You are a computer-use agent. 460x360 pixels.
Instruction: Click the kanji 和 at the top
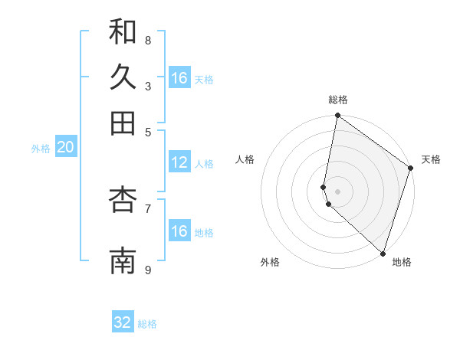click(x=123, y=32)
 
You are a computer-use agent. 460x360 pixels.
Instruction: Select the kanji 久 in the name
click(x=123, y=77)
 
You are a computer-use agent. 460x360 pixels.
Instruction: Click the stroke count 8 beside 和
click(x=148, y=40)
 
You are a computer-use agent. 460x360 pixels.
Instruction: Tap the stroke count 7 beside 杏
click(x=148, y=208)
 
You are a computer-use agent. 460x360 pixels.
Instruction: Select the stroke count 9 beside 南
click(x=148, y=270)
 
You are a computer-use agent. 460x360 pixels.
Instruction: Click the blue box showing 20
click(x=65, y=147)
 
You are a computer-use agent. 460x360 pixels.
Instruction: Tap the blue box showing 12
click(x=179, y=162)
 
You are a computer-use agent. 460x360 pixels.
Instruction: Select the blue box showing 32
click(x=123, y=322)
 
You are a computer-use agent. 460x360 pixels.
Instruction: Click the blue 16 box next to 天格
click(x=179, y=78)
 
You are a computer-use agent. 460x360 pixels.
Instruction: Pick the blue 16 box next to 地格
click(x=179, y=231)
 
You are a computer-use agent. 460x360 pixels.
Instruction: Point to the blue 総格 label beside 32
click(x=148, y=324)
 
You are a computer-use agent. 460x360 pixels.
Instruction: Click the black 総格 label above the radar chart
click(x=338, y=100)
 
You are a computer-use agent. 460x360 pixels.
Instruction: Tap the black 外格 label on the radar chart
click(x=270, y=262)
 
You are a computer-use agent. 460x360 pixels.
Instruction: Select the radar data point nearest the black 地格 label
click(x=383, y=253)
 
